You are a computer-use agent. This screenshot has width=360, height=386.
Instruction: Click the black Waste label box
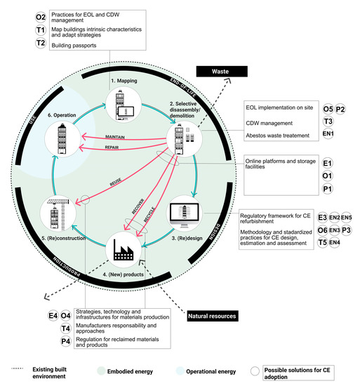pyautogui.click(x=223, y=71)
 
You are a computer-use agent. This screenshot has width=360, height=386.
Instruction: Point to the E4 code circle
pyautogui.click(x=53, y=316)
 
